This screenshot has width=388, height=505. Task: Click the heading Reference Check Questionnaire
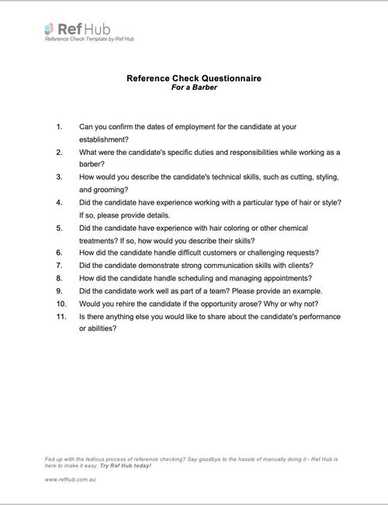pyautogui.click(x=193, y=78)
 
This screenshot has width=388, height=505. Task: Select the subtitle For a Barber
pyautogui.click(x=193, y=88)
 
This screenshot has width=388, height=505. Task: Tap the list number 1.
pyautogui.click(x=59, y=126)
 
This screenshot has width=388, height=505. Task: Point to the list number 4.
pyautogui.click(x=59, y=202)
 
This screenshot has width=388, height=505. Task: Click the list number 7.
pyautogui.click(x=59, y=266)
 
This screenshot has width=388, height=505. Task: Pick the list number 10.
pyautogui.click(x=61, y=304)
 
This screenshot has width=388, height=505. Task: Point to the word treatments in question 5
pyautogui.click(x=102, y=240)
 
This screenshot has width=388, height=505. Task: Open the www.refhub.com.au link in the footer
pyautogui.click(x=70, y=480)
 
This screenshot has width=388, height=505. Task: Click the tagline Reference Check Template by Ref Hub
pyautogui.click(x=89, y=39)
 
